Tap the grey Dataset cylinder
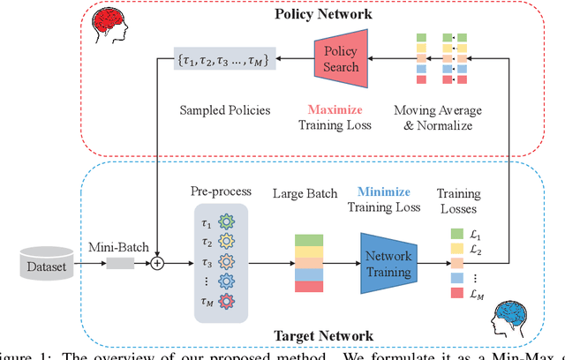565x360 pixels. (44, 263)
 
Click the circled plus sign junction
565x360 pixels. (158, 262)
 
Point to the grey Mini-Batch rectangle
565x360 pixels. (120, 262)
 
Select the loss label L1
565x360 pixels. (475, 233)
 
